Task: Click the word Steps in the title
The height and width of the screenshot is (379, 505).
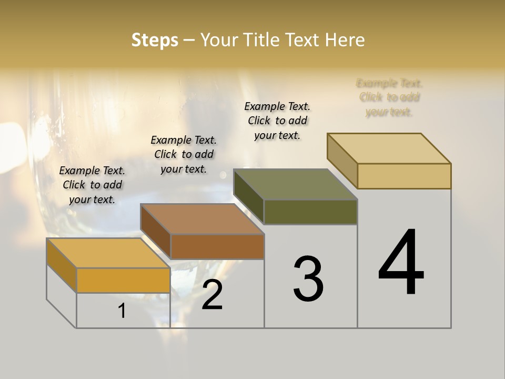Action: (155, 40)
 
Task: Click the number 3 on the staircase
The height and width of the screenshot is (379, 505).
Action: (308, 279)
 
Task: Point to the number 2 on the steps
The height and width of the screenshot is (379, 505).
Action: (212, 295)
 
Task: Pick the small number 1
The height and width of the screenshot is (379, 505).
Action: (122, 311)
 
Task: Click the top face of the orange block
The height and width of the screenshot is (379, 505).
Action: (108, 253)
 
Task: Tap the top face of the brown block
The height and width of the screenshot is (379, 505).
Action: (202, 219)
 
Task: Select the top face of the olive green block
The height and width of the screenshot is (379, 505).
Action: (296, 184)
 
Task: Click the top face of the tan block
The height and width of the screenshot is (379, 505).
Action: (389, 148)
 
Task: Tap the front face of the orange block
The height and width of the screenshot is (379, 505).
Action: (123, 280)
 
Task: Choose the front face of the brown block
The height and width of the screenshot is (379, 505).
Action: (217, 246)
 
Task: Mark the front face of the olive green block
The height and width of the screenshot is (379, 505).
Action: (310, 212)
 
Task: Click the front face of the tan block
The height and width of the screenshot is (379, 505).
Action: (404, 176)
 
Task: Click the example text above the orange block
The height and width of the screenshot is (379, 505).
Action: (92, 185)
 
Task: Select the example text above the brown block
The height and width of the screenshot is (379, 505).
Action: (184, 154)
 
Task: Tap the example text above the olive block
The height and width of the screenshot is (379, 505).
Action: (277, 121)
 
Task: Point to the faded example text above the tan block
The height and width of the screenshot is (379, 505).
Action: (389, 97)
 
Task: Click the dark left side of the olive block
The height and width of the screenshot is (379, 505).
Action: (248, 196)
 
